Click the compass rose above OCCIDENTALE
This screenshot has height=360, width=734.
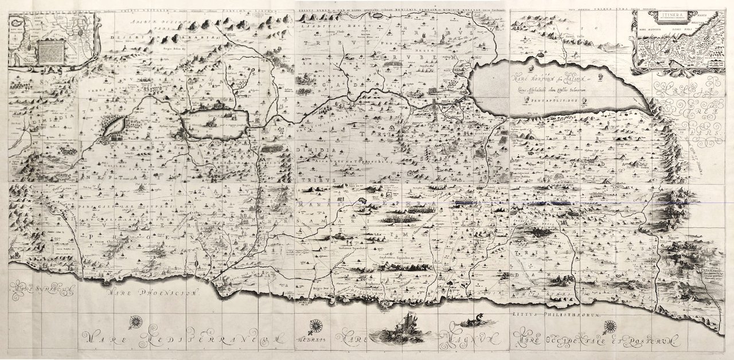point(610,326)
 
